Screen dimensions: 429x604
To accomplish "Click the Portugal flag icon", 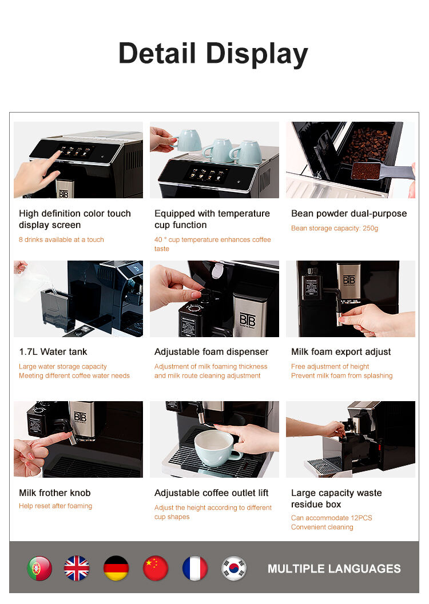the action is (39, 568).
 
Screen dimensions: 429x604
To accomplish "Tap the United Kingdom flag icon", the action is (77, 568).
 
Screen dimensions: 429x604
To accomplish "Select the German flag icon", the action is (116, 568).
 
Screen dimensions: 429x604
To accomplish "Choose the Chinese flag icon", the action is (156, 568).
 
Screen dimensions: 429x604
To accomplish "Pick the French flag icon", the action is (194, 568).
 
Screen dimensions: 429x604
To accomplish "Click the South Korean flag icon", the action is (234, 568).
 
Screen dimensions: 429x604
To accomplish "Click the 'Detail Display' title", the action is (213, 54).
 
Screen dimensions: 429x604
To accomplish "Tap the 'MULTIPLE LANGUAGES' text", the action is (334, 569).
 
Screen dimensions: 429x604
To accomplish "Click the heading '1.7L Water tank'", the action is (53, 351).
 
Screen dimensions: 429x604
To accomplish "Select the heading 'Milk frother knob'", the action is (55, 493).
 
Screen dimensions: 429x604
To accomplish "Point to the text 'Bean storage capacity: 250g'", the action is (335, 228).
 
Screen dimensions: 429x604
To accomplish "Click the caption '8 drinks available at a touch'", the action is (61, 239).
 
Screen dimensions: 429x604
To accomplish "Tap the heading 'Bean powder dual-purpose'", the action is (349, 213).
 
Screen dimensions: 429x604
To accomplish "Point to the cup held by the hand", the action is (189, 140).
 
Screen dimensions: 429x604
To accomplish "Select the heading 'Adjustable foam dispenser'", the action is (211, 351).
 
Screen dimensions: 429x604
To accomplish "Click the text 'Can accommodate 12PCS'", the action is (332, 518).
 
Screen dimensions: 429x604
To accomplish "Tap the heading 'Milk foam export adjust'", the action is (341, 351).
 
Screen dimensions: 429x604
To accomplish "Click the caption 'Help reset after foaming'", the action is (55, 506).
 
